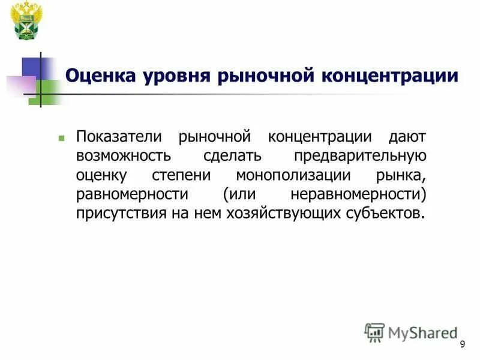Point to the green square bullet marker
[61, 138]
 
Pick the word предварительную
[360, 156]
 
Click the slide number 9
[462, 344]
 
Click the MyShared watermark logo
[410, 332]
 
